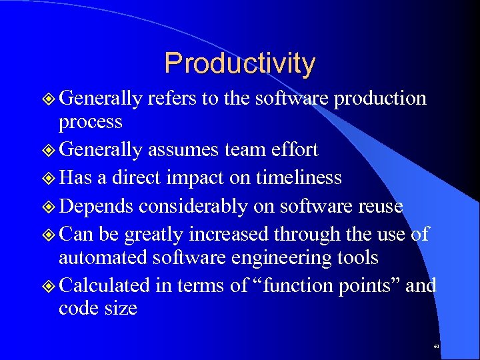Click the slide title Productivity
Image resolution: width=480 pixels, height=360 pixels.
[x=239, y=63]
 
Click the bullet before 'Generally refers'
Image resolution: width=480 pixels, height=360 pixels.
[x=48, y=99]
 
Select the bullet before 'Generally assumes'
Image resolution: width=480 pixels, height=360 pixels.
[x=48, y=151]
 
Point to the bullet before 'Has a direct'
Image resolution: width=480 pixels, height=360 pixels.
[x=48, y=178]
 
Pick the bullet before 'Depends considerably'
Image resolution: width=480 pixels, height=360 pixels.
[x=48, y=207]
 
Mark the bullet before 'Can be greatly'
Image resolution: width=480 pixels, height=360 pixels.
[x=48, y=235]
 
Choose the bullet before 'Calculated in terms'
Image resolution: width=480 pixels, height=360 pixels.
[x=48, y=286]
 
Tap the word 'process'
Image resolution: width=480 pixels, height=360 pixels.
[x=91, y=123]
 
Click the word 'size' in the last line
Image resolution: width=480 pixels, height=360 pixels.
[x=121, y=309]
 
